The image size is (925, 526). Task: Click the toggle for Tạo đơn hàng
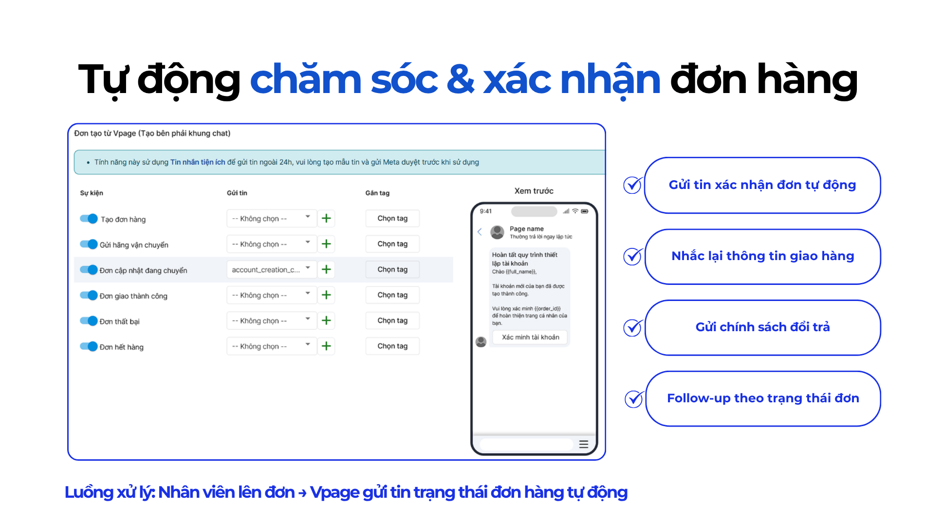point(89,219)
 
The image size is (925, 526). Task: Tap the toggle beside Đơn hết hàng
point(89,346)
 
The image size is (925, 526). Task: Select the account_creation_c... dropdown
point(271,269)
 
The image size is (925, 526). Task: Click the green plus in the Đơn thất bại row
point(326,320)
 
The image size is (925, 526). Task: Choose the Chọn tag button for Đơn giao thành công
point(392,295)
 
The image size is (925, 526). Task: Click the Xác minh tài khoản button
point(530,337)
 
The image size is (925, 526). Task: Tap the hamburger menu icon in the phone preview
point(584,444)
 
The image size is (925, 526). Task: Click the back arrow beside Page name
point(480,232)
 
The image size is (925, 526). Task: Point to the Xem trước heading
point(534,191)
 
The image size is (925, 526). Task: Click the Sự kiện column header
point(92,193)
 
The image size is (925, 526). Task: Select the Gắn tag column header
point(377,193)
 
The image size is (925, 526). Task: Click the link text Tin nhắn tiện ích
point(198,162)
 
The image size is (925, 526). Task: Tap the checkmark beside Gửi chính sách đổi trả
point(632,327)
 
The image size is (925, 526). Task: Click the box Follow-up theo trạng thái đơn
point(763,398)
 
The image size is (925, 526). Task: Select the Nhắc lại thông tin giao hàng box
point(763,256)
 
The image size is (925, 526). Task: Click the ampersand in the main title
point(460,80)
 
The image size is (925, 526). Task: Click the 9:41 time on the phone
point(485,211)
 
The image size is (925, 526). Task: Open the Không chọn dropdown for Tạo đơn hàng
point(271,218)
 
